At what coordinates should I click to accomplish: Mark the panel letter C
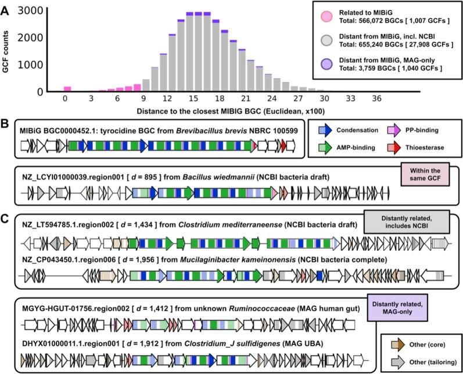point(6,219)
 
